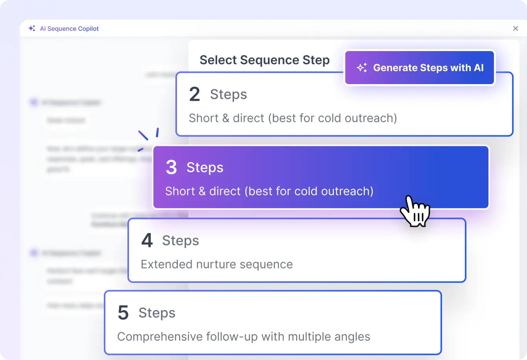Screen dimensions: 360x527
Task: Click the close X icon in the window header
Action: click(516, 28)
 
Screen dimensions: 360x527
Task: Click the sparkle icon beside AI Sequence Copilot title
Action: click(32, 28)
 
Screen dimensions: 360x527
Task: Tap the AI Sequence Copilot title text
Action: click(69, 29)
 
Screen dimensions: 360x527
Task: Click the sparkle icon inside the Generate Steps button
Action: click(362, 68)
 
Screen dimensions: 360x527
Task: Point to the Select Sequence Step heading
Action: click(264, 60)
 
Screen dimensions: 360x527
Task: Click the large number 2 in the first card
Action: click(195, 95)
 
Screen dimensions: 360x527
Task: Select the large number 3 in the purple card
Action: click(171, 167)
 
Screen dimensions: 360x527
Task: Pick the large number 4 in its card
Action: click(147, 241)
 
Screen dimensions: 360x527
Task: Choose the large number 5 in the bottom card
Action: click(123, 313)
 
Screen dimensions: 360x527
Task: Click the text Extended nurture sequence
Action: click(217, 264)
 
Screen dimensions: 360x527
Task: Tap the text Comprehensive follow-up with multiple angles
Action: click(243, 337)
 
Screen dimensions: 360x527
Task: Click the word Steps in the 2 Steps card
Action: click(228, 95)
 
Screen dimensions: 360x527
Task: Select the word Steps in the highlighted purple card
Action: click(205, 167)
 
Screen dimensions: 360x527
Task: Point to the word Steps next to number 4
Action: click(181, 241)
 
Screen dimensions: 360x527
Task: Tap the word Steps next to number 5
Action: click(157, 313)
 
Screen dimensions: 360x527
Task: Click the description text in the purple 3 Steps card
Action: click(269, 191)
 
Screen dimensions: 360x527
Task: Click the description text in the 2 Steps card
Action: click(293, 118)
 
